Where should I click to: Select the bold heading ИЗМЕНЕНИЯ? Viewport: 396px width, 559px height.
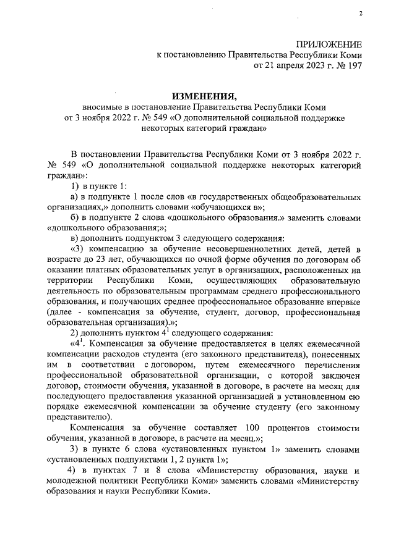click(204, 96)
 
